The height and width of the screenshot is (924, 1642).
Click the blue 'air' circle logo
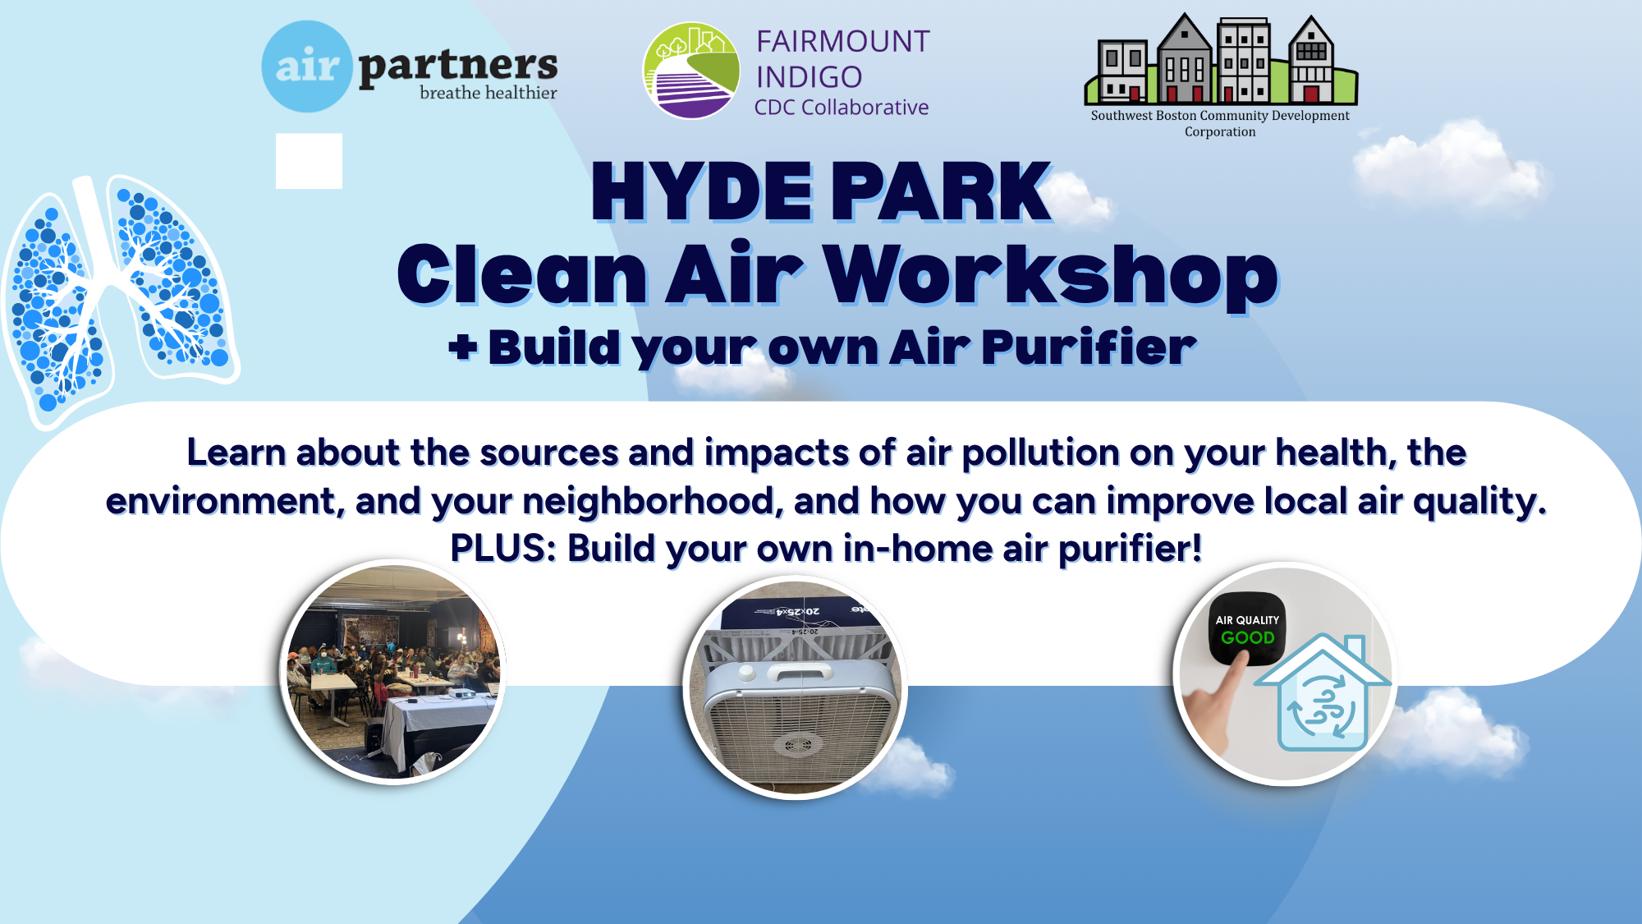click(307, 67)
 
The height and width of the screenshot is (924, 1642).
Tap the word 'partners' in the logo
click(458, 66)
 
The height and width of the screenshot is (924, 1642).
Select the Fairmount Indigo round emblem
click(690, 71)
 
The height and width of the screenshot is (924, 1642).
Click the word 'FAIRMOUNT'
click(842, 41)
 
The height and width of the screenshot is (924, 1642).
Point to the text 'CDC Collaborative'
click(842, 108)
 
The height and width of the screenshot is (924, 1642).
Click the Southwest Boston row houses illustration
click(1221, 59)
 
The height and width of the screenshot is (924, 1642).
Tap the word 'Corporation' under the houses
click(1220, 131)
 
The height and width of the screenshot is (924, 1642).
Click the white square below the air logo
click(309, 161)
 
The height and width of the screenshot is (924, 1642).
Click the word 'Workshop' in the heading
click(1051, 275)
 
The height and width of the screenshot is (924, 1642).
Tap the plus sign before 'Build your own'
click(462, 347)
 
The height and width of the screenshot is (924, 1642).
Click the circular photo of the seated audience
click(392, 672)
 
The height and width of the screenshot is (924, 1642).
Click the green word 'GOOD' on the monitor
click(1248, 637)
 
